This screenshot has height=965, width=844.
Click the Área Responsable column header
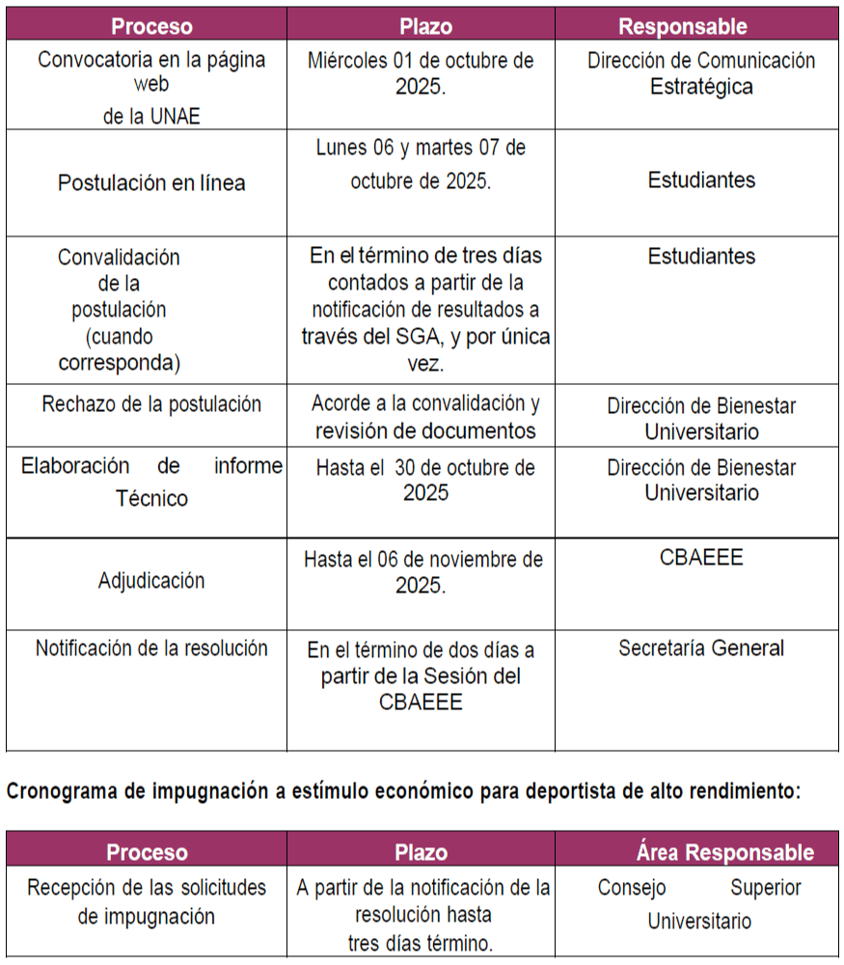(724, 852)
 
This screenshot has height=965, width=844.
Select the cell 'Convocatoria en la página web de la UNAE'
(151, 87)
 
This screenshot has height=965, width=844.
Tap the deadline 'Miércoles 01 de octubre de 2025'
(421, 72)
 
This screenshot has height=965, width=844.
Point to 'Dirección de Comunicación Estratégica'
(701, 73)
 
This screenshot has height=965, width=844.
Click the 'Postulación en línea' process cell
(151, 182)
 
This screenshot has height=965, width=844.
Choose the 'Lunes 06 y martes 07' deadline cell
(421, 164)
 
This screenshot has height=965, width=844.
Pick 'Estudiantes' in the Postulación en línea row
(701, 179)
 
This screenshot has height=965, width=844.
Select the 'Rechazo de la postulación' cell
(151, 404)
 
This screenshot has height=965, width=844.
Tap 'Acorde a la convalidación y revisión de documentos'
(421, 417)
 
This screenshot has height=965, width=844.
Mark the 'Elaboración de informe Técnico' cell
(151, 482)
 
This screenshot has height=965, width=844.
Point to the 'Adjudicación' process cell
(151, 581)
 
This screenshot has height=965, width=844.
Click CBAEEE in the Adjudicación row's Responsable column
(701, 558)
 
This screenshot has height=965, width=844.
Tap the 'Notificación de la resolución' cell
(151, 648)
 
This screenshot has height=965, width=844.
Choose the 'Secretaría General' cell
(701, 648)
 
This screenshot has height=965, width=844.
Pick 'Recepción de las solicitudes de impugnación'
(147, 901)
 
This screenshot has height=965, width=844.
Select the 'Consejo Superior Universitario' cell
(699, 904)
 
